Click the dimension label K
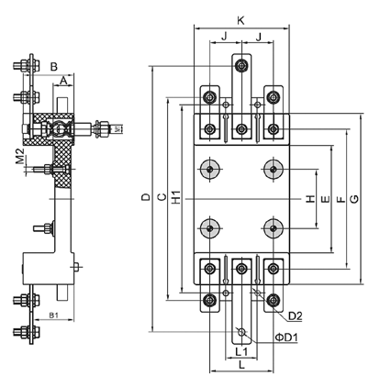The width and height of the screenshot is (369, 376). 241,21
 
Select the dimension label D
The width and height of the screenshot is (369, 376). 147,197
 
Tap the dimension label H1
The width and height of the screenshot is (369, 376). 176,197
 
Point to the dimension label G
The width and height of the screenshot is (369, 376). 354,199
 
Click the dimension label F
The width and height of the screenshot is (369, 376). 341,200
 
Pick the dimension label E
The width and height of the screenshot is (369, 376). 326,199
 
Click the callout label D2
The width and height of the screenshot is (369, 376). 295,316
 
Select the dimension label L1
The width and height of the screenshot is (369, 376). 241,351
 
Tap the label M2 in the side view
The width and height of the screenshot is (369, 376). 20,156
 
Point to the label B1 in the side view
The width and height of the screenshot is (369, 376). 54,315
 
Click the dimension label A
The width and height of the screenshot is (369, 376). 63,81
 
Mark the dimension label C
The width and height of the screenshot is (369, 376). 162,197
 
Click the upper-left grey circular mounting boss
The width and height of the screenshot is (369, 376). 209,169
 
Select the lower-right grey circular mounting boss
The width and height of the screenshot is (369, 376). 274,228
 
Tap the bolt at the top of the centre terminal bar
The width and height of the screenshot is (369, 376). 241,65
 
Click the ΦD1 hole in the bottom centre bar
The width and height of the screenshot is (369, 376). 241,332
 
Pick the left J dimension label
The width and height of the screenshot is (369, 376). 225,37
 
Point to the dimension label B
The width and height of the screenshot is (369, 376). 54,67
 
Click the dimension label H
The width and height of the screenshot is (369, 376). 310,199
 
